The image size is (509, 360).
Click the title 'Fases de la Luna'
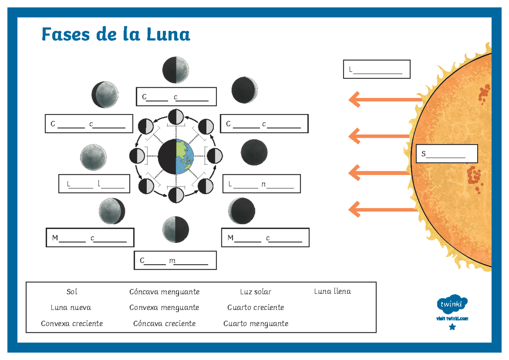116,34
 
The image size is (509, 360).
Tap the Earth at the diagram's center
176,156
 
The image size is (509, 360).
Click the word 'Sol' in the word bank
72,292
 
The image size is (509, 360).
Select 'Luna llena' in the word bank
333,291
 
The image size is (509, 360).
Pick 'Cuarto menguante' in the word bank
256,324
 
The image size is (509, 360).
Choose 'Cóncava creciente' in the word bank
164,324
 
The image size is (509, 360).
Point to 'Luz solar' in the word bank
255,292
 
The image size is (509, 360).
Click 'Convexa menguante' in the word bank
164,307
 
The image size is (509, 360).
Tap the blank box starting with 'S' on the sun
447,154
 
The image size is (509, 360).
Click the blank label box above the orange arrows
376,69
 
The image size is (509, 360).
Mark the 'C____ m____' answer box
175,260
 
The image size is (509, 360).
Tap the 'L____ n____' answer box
261,184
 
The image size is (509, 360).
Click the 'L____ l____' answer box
94,184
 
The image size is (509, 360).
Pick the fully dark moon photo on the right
254,152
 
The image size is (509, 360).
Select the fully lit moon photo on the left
93,156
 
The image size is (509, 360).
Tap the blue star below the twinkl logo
452,327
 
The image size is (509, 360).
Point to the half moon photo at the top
176,70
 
